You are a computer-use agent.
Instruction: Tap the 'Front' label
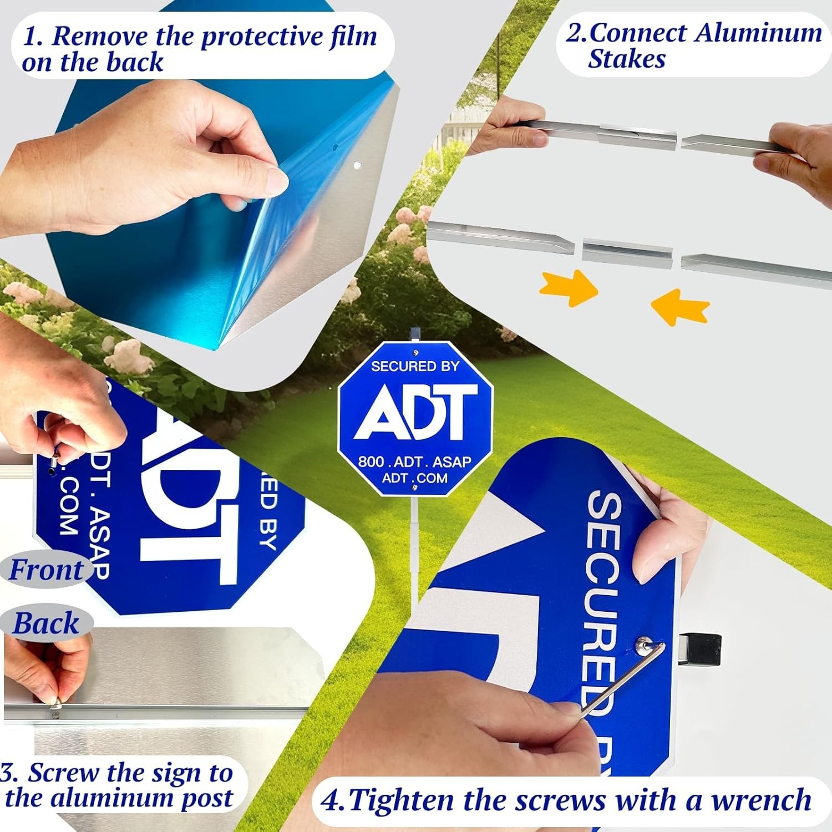coord(47,570)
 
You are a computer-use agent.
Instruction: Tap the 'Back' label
coord(47,623)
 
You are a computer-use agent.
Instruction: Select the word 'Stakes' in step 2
coord(627,59)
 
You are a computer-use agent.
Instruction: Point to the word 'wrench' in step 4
coord(761,800)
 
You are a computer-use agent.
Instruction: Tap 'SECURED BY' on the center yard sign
coord(415,366)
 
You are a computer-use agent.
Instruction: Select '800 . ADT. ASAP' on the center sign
coord(414,461)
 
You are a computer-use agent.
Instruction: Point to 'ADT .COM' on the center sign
coord(414,478)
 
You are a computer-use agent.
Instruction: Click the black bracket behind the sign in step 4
coord(700,650)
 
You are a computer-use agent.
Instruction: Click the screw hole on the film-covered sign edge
coord(357,165)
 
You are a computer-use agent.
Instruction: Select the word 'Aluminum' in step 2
coord(758,33)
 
